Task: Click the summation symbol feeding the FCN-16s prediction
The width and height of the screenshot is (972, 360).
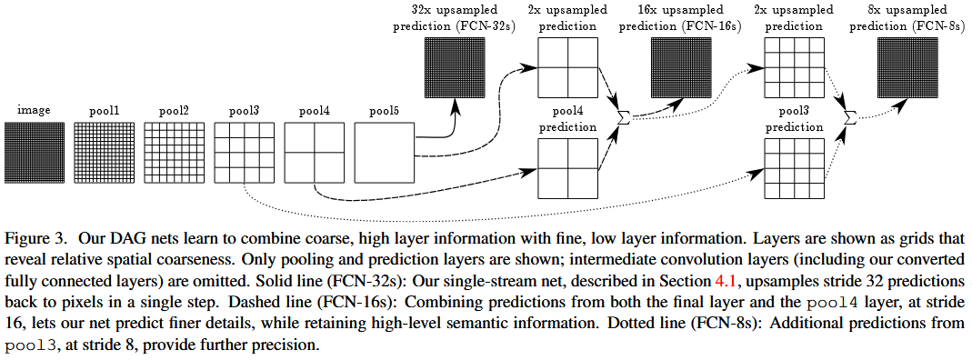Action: [624, 116]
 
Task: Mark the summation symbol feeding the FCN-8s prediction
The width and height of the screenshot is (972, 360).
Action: [850, 116]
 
